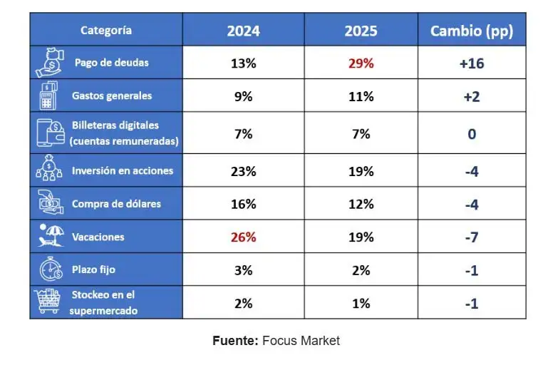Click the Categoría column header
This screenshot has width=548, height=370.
coord(105,30)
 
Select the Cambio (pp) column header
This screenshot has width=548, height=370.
coord(471,31)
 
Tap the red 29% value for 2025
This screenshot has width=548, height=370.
coord(361,63)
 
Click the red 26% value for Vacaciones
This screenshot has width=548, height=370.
coord(243,237)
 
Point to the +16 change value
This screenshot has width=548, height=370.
coord(471,63)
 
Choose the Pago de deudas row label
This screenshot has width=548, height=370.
coord(111,63)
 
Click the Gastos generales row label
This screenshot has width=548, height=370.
coord(112,96)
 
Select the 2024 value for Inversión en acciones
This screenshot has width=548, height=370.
coord(243,171)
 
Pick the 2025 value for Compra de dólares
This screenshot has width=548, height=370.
coord(361,204)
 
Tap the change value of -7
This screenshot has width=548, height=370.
coord(471,237)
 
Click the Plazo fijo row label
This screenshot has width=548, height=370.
coord(93,270)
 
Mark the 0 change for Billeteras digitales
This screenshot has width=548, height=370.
coord(471,133)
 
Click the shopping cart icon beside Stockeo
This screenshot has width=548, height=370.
coord(48,303)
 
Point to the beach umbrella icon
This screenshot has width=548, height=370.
coord(48,236)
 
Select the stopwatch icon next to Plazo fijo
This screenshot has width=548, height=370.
coord(48,270)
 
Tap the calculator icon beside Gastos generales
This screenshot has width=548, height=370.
coord(48,96)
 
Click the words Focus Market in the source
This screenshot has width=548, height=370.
coord(301,341)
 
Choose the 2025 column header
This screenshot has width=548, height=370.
coord(361,31)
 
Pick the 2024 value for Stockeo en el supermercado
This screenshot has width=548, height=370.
coord(243,303)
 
